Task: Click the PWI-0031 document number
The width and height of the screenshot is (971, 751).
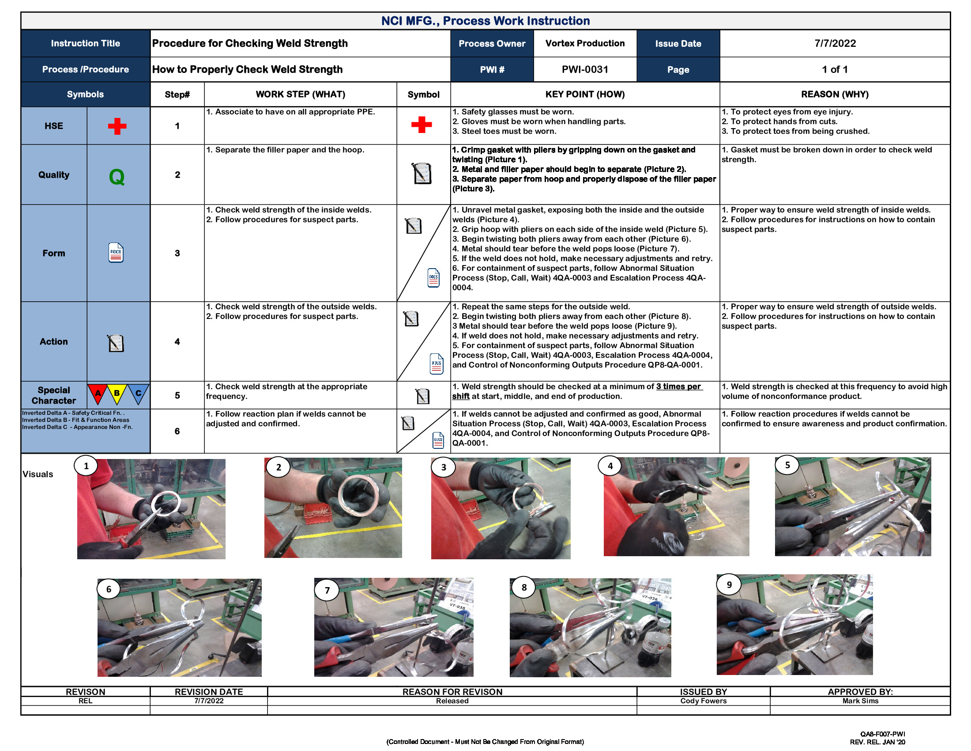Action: [x=584, y=69]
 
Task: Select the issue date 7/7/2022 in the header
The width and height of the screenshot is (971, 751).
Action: [x=835, y=43]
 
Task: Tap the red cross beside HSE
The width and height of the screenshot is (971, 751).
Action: [x=117, y=126]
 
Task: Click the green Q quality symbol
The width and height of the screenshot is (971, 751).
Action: [x=117, y=177]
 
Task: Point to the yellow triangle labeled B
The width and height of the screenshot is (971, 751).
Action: [x=117, y=393]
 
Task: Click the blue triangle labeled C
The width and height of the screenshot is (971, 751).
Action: [x=138, y=393]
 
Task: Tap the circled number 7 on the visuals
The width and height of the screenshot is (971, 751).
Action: [x=327, y=590]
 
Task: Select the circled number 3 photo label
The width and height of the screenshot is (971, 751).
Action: [x=443, y=467]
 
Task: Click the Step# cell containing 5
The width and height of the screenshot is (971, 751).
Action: [x=177, y=395]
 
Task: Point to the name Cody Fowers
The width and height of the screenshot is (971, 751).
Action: [x=703, y=701]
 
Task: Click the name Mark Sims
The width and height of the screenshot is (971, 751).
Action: [x=860, y=701]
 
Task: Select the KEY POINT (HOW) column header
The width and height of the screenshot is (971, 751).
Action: [x=585, y=95]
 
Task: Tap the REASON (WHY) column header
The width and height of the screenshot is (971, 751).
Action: [x=835, y=95]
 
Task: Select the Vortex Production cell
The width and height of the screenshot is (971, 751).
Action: [x=585, y=43]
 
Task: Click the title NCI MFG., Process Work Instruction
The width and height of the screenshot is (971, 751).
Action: [x=485, y=21]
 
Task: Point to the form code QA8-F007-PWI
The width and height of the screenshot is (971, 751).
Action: [x=882, y=734]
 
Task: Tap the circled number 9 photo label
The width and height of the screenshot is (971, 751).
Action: [x=729, y=584]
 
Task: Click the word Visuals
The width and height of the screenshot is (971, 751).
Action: [x=38, y=474]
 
